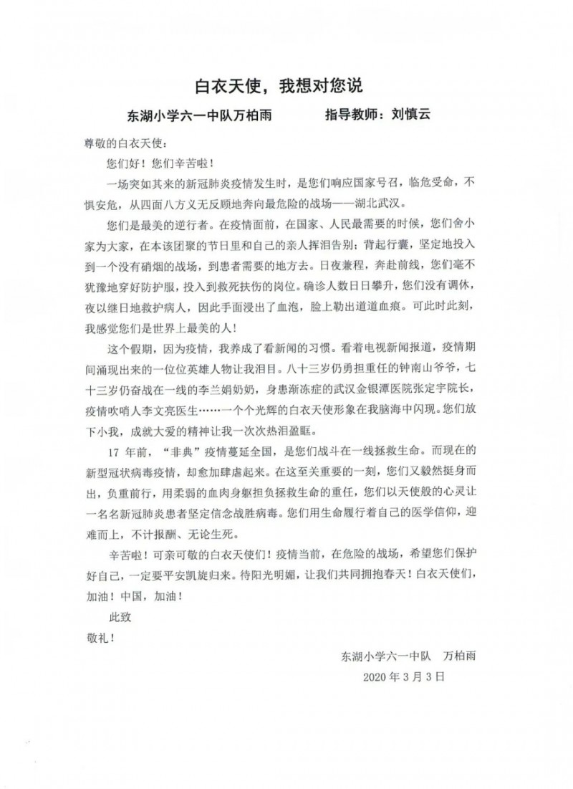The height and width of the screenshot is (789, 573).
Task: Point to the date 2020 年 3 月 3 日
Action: coord(405,675)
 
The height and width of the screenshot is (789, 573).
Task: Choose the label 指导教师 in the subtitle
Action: coord(351,115)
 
